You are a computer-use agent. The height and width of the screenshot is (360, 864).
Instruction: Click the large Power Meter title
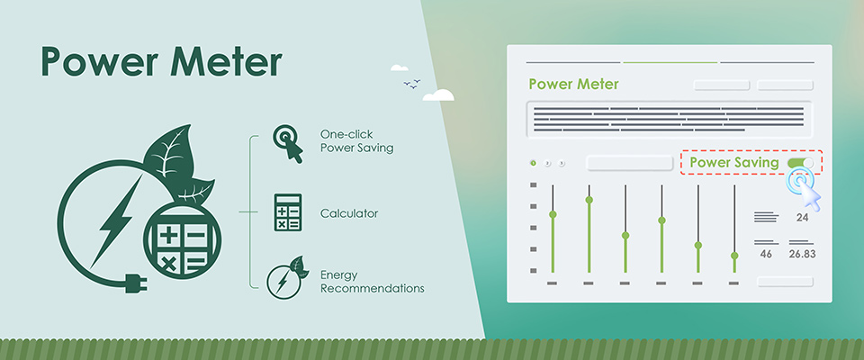[x=160, y=64]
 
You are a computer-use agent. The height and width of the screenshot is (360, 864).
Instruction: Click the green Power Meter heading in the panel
[x=573, y=85]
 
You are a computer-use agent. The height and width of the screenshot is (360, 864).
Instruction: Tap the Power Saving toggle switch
[x=800, y=163]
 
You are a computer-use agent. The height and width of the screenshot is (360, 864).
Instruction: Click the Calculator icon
[x=288, y=213]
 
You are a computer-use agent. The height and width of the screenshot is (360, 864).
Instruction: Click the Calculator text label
[x=348, y=213]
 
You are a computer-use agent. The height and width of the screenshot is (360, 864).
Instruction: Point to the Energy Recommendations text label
[x=372, y=282]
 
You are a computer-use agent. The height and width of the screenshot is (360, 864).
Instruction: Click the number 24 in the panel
[x=803, y=218]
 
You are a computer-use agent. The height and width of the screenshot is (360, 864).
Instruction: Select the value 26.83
[x=803, y=255]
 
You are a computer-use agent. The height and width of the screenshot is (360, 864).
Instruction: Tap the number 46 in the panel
[x=766, y=255]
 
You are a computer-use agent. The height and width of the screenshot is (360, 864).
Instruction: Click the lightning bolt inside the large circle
[x=114, y=216]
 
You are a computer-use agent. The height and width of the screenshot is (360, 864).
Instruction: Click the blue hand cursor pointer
[x=804, y=188]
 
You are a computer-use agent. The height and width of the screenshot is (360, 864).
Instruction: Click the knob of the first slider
[x=553, y=214]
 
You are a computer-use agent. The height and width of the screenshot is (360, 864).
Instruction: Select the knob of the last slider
[x=734, y=256]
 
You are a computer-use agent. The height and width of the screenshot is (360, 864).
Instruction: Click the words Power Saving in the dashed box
[x=733, y=163]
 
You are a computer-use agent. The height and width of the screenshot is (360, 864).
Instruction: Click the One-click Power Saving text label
[x=356, y=141]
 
